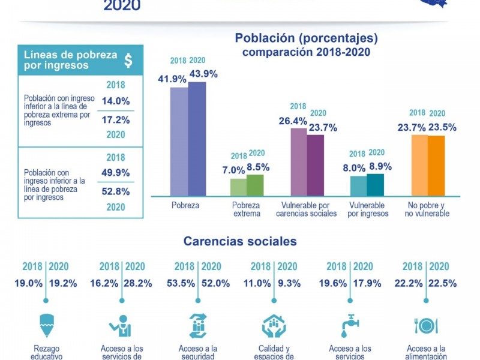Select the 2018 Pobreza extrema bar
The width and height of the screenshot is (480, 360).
238,187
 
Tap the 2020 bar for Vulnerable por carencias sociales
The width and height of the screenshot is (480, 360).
316,165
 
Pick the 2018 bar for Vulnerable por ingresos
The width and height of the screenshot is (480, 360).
358,185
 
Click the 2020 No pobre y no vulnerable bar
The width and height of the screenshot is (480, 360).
436,165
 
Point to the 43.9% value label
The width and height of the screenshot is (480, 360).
203,74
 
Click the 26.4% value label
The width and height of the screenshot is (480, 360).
292,121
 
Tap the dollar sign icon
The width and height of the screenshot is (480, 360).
128,60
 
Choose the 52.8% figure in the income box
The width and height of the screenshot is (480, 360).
116,191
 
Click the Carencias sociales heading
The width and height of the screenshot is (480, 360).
240,241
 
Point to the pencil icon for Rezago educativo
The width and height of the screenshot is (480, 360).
46,325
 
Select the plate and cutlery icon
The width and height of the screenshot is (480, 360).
426,325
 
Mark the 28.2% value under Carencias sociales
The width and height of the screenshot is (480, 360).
137,283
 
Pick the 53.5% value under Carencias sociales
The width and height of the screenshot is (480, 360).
187,283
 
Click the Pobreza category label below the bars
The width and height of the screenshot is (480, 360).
185,205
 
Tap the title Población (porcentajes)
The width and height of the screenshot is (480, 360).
306,39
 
